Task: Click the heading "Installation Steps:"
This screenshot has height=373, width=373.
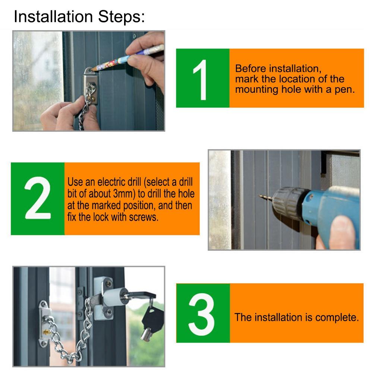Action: (x=79, y=17)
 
